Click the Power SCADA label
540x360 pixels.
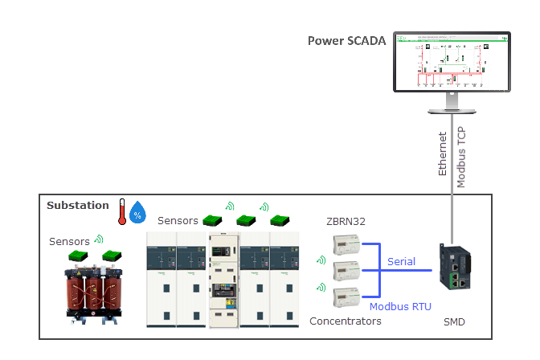pos(346,40)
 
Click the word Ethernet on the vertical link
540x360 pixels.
pos(442,156)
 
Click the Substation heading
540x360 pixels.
pos(77,206)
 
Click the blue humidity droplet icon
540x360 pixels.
pos(138,212)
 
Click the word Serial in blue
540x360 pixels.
pos(401,262)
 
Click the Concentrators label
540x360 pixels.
pos(344,321)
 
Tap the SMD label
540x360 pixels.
pos(454,322)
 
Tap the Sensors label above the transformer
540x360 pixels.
pos(70,241)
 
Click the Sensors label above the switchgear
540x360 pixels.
pos(178,220)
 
